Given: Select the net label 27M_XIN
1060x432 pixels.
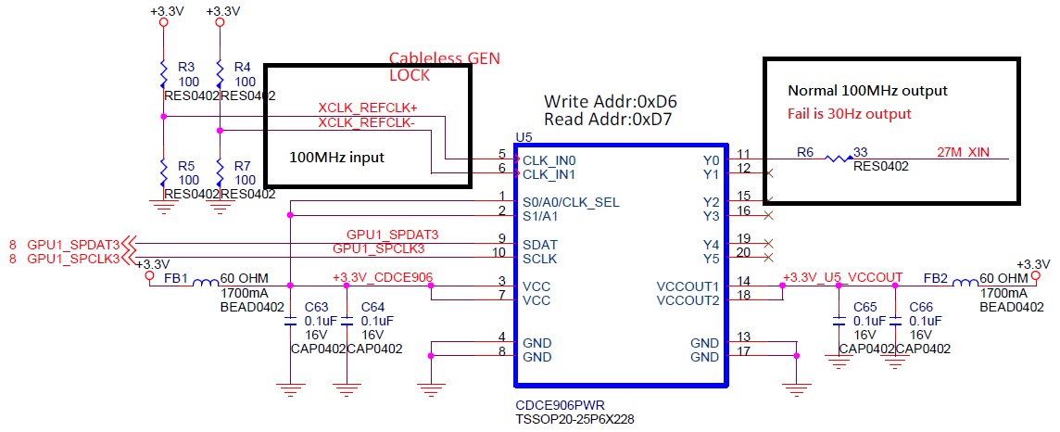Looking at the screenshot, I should click(x=964, y=151).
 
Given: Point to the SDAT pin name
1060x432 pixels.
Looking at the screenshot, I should click(x=540, y=245).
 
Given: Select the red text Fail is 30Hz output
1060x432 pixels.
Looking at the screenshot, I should click(x=850, y=114).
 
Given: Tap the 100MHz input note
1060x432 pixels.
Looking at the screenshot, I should click(x=337, y=158).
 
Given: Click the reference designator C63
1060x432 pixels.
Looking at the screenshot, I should click(x=316, y=306).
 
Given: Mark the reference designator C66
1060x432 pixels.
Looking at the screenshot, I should click(x=921, y=306).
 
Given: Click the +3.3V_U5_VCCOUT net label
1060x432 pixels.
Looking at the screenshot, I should click(x=842, y=277).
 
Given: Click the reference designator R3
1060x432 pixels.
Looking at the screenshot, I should click(x=185, y=68).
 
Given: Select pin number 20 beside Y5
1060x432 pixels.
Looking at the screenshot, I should click(x=743, y=252).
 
